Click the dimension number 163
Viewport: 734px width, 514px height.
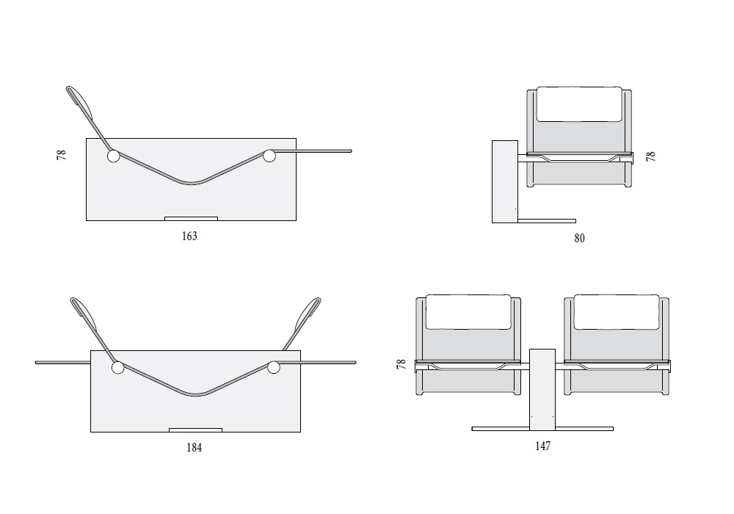[189, 236]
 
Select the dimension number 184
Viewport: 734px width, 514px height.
[195, 447]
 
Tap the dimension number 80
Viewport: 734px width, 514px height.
[580, 238]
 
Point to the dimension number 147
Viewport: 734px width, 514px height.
[543, 446]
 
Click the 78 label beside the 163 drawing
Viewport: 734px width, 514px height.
[62, 155]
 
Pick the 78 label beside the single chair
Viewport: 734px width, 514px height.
[650, 156]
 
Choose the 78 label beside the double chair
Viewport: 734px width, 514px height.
[401, 364]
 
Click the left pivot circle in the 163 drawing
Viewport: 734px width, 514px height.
[113, 156]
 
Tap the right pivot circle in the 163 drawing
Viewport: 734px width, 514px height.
[269, 156]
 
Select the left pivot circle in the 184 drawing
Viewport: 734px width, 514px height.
[118, 368]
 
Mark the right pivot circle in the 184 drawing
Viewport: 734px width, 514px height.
[274, 367]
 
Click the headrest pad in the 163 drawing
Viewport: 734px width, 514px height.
[82, 102]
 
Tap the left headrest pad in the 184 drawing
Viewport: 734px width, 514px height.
[84, 314]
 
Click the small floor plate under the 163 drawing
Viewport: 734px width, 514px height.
[191, 219]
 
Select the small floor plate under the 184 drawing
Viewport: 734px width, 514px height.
[196, 430]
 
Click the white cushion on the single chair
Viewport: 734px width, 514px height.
[579, 104]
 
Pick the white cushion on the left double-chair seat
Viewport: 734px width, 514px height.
[468, 312]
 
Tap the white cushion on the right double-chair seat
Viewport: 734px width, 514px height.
[617, 312]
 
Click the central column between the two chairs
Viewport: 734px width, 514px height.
[542, 389]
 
